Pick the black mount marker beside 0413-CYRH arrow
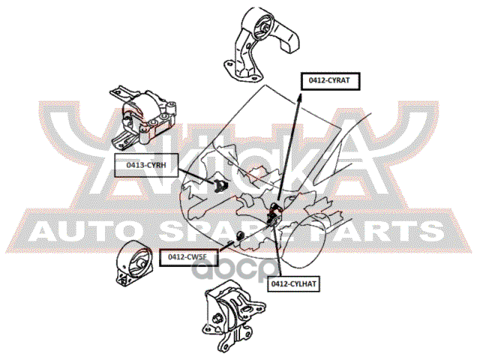(x=220, y=185)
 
